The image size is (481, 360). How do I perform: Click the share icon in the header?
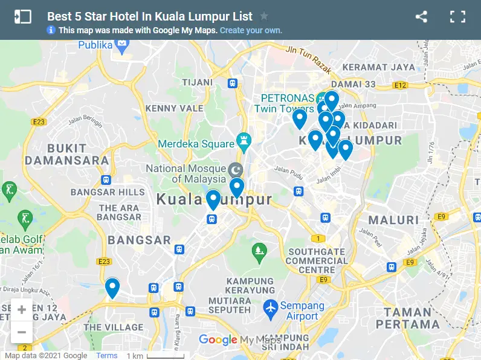click(421, 17)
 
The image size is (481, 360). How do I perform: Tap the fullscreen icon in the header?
click(457, 17)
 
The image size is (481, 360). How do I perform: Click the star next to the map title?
click(264, 16)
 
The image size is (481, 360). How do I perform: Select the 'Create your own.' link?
click(251, 30)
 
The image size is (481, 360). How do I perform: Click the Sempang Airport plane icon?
click(271, 309)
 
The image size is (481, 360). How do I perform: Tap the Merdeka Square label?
click(196, 144)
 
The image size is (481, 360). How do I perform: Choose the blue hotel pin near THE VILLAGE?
click(112, 288)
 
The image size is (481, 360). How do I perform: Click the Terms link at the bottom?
click(107, 356)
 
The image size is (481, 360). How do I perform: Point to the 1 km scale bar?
click(165, 356)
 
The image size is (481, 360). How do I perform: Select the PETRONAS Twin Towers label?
click(286, 103)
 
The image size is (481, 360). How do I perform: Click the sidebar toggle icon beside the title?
click(22, 17)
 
